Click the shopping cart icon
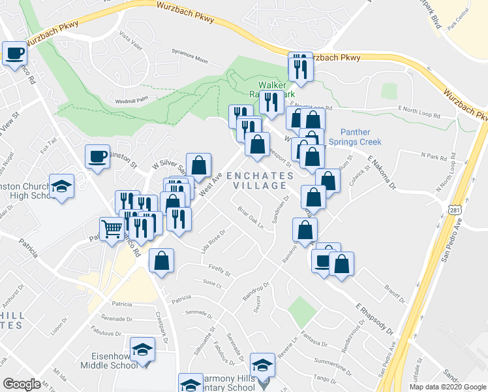112,229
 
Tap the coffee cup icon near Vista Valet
14,53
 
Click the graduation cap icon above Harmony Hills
262,365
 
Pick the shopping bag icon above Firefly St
161,261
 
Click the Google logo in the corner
22,384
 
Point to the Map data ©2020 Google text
447,387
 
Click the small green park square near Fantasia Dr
299,312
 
